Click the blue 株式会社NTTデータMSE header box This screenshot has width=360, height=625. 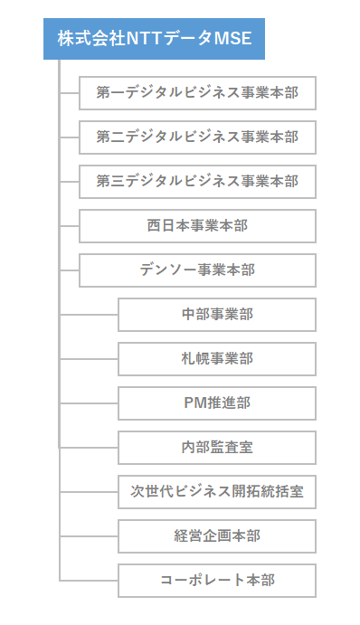point(154,39)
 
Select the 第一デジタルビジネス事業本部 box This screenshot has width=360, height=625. point(197,92)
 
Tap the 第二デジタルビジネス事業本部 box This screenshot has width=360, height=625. point(197,137)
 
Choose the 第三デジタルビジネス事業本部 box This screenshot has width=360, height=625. point(197,181)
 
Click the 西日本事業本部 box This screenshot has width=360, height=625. point(197,225)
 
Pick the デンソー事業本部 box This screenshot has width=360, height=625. point(197,270)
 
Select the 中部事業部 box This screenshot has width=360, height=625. point(216,315)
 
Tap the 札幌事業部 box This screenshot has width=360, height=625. point(216,359)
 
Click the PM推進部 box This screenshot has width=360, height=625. point(216,403)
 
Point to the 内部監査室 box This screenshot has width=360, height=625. point(216,448)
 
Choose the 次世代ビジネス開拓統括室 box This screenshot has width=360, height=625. point(216,492)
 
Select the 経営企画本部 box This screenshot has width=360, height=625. point(216,536)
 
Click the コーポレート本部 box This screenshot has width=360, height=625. point(216,581)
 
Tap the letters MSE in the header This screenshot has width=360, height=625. point(232,39)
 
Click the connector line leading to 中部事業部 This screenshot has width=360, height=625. point(89,315)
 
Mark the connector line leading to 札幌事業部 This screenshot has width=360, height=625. point(89,359)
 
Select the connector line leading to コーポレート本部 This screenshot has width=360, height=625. point(89,581)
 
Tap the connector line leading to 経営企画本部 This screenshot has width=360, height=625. point(89,536)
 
